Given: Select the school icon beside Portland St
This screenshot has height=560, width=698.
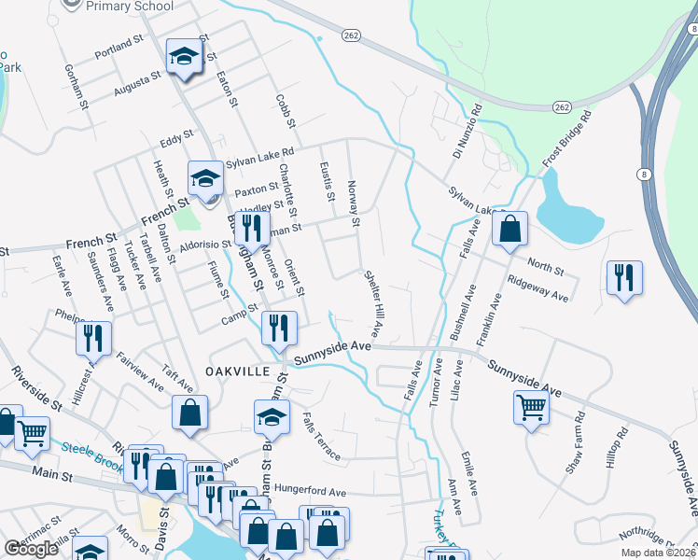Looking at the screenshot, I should click(185, 57).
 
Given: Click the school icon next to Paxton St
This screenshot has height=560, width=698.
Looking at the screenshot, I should click(206, 177).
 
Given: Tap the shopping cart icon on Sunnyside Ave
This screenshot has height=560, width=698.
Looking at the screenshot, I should click(530, 407).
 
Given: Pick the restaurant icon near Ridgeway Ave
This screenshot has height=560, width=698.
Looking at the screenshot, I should click(623, 277).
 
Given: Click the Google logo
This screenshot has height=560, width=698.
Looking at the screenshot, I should click(32, 548).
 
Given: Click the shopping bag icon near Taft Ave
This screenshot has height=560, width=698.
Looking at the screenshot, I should click(189, 412).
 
